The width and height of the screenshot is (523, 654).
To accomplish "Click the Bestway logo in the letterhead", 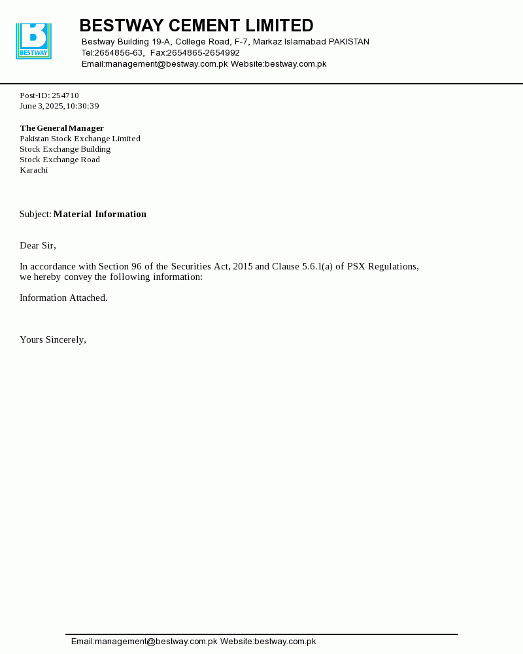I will pos(33,41).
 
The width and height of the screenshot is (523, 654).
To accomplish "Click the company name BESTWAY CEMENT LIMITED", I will pos(196,26).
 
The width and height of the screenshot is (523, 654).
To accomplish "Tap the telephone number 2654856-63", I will pos(118,53).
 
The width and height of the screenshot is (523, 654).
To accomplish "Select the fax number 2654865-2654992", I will pos(203,53).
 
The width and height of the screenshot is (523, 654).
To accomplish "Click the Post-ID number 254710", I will pos(65,95).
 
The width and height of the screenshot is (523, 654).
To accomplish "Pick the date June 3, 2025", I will pos(41,106).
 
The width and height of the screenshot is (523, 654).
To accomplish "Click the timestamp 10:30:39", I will pos(82,106).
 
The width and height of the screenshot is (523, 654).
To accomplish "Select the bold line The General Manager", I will pos(61,128).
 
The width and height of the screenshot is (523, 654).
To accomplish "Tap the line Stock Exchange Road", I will pos(59,160).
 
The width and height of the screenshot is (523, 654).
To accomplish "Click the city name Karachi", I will pos(33,170).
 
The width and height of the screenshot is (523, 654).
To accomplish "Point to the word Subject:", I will pos(35,214).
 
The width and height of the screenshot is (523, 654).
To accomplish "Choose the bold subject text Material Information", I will pos(100,214).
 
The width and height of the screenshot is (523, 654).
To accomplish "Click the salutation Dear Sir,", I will pos(38,245).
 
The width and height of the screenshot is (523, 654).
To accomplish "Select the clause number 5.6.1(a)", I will pos(317,266).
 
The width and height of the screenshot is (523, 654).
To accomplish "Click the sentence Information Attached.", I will pos(63,298).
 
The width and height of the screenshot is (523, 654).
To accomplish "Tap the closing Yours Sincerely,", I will pos(53,339).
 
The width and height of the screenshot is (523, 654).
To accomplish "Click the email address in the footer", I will pos(144,642).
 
